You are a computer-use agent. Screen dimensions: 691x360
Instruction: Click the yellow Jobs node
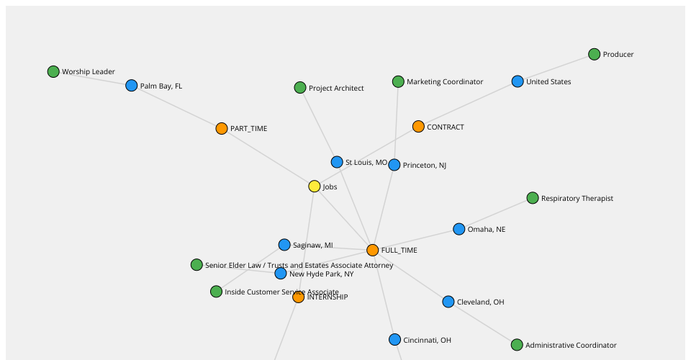(x=315, y=186)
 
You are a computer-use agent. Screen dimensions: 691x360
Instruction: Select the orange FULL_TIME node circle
(x=372, y=251)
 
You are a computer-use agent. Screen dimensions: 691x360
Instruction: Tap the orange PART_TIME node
(x=222, y=129)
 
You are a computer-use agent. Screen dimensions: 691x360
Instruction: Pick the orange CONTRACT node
(x=418, y=127)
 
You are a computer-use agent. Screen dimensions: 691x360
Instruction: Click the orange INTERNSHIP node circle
(x=298, y=297)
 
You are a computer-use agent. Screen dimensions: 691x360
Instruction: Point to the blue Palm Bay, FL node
(x=131, y=86)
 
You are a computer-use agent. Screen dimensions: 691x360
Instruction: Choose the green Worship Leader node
(x=53, y=71)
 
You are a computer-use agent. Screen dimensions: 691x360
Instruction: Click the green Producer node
(x=594, y=54)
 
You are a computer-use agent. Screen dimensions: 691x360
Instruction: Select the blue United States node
(x=518, y=81)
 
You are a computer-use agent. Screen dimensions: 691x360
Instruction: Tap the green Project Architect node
(x=300, y=88)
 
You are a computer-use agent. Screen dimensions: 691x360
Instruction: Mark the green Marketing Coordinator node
(x=398, y=81)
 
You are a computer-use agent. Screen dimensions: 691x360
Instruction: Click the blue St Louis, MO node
(x=337, y=162)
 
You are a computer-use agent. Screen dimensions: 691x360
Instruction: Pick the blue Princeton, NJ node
(x=394, y=165)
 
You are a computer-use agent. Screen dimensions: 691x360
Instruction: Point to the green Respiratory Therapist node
(x=533, y=198)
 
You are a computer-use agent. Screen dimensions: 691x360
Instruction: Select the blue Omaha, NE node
(x=459, y=229)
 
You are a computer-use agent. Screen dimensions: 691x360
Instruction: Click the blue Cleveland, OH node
(x=448, y=302)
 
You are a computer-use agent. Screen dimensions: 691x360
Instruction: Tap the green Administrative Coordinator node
(x=517, y=345)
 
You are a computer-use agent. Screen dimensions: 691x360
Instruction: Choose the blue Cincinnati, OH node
(x=395, y=340)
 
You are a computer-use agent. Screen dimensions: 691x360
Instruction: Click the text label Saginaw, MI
(x=313, y=245)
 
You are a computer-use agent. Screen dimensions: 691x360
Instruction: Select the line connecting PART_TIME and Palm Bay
(x=176, y=107)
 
